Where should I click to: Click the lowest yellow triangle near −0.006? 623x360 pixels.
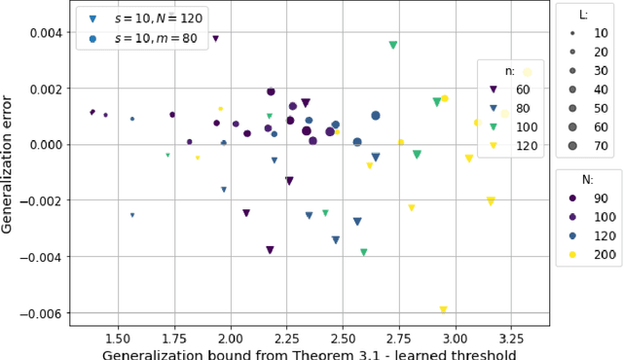(443, 310)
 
